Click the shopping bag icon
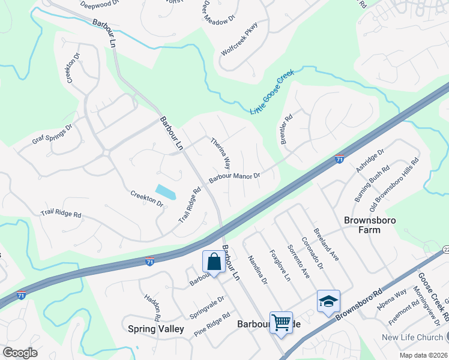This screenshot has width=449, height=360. tap(214, 262)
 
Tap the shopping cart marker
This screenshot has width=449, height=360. tap(281, 323)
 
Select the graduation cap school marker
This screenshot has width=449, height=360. tap(328, 301)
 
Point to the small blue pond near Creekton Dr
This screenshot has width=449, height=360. tap(165, 192)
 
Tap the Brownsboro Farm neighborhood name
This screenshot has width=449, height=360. tap(370, 226)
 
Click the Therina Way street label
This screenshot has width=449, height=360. tap(220, 153)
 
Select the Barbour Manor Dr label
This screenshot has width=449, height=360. tap(234, 178)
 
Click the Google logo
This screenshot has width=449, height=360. tap(20, 353)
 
